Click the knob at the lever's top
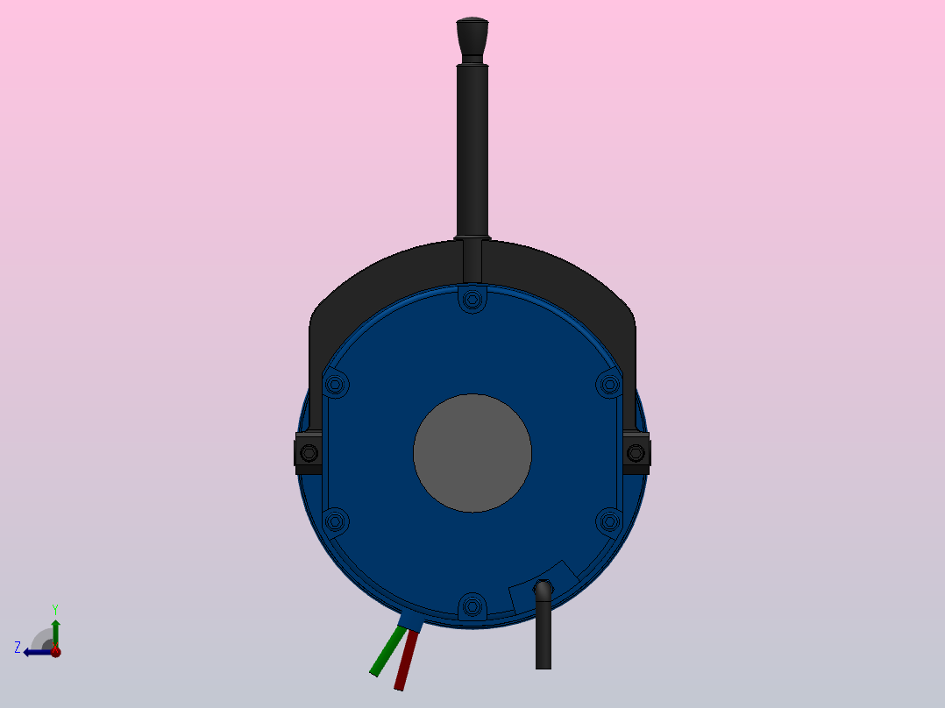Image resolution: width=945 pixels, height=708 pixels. coord(472,36)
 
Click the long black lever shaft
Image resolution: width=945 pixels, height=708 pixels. coord(472,149)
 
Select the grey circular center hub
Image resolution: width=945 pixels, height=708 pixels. coord(472,453)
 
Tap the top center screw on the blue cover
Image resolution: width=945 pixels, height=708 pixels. coord(472,300)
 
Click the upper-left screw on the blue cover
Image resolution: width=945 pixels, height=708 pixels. coord(336,384)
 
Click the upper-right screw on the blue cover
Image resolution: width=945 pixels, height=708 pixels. coord(609,384)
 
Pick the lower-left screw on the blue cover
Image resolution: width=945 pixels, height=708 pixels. coord(336,522)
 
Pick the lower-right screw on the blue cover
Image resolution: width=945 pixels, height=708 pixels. coord(609,522)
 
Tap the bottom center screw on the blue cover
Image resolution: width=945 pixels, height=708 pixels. coord(472,605)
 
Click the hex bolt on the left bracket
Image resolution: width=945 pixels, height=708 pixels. coord(309,453)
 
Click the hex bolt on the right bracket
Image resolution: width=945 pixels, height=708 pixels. coord(636,453)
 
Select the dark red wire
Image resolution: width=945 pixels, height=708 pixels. coord(405,661)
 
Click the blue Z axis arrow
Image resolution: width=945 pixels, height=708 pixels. coord(35,652)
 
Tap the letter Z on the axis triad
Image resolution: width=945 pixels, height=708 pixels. coord(18,648)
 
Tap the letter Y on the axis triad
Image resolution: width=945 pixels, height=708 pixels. coord(55,608)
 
